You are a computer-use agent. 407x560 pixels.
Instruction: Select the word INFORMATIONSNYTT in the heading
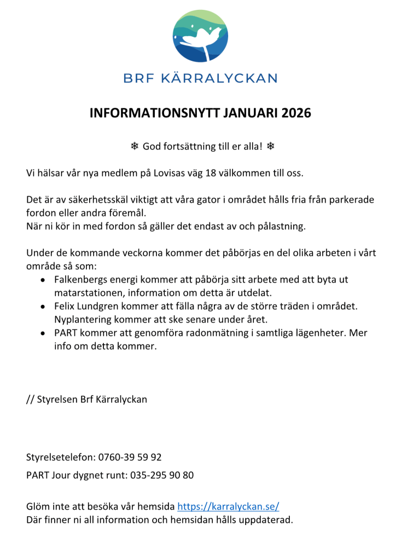[x=155, y=113]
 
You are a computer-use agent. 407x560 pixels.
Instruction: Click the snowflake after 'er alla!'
[x=270, y=146]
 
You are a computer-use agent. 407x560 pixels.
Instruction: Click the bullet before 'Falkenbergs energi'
[x=43, y=280]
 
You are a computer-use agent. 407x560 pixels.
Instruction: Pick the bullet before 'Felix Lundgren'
[x=43, y=306]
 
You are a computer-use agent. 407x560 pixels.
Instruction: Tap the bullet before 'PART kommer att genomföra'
[x=43, y=333]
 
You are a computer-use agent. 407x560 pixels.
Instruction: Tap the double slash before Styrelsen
[x=30, y=399]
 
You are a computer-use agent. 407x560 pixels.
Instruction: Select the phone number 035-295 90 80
[x=162, y=475]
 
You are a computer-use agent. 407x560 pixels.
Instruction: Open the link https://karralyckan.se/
[x=228, y=506]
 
